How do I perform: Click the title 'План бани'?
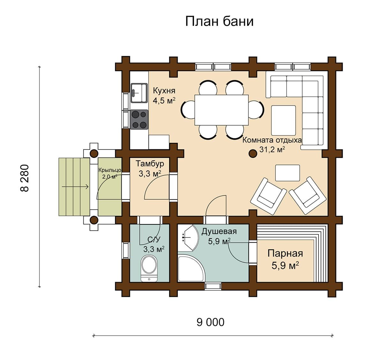(219, 21)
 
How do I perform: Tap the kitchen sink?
(139, 93)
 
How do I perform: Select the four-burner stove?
(139, 120)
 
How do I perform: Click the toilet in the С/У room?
(149, 268)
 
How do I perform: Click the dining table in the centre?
(222, 110)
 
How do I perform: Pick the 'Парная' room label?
(285, 253)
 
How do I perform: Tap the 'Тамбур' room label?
(150, 164)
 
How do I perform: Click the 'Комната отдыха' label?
(272, 140)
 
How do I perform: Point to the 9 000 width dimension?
(211, 322)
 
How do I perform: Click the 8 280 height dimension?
(25, 178)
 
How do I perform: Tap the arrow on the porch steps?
(75, 187)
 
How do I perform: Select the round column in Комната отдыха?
(253, 154)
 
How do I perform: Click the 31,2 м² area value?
(272, 150)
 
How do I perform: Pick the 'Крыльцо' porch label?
(110, 170)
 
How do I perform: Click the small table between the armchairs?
(288, 173)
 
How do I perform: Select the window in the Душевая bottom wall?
(213, 286)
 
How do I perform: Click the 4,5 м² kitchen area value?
(164, 100)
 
